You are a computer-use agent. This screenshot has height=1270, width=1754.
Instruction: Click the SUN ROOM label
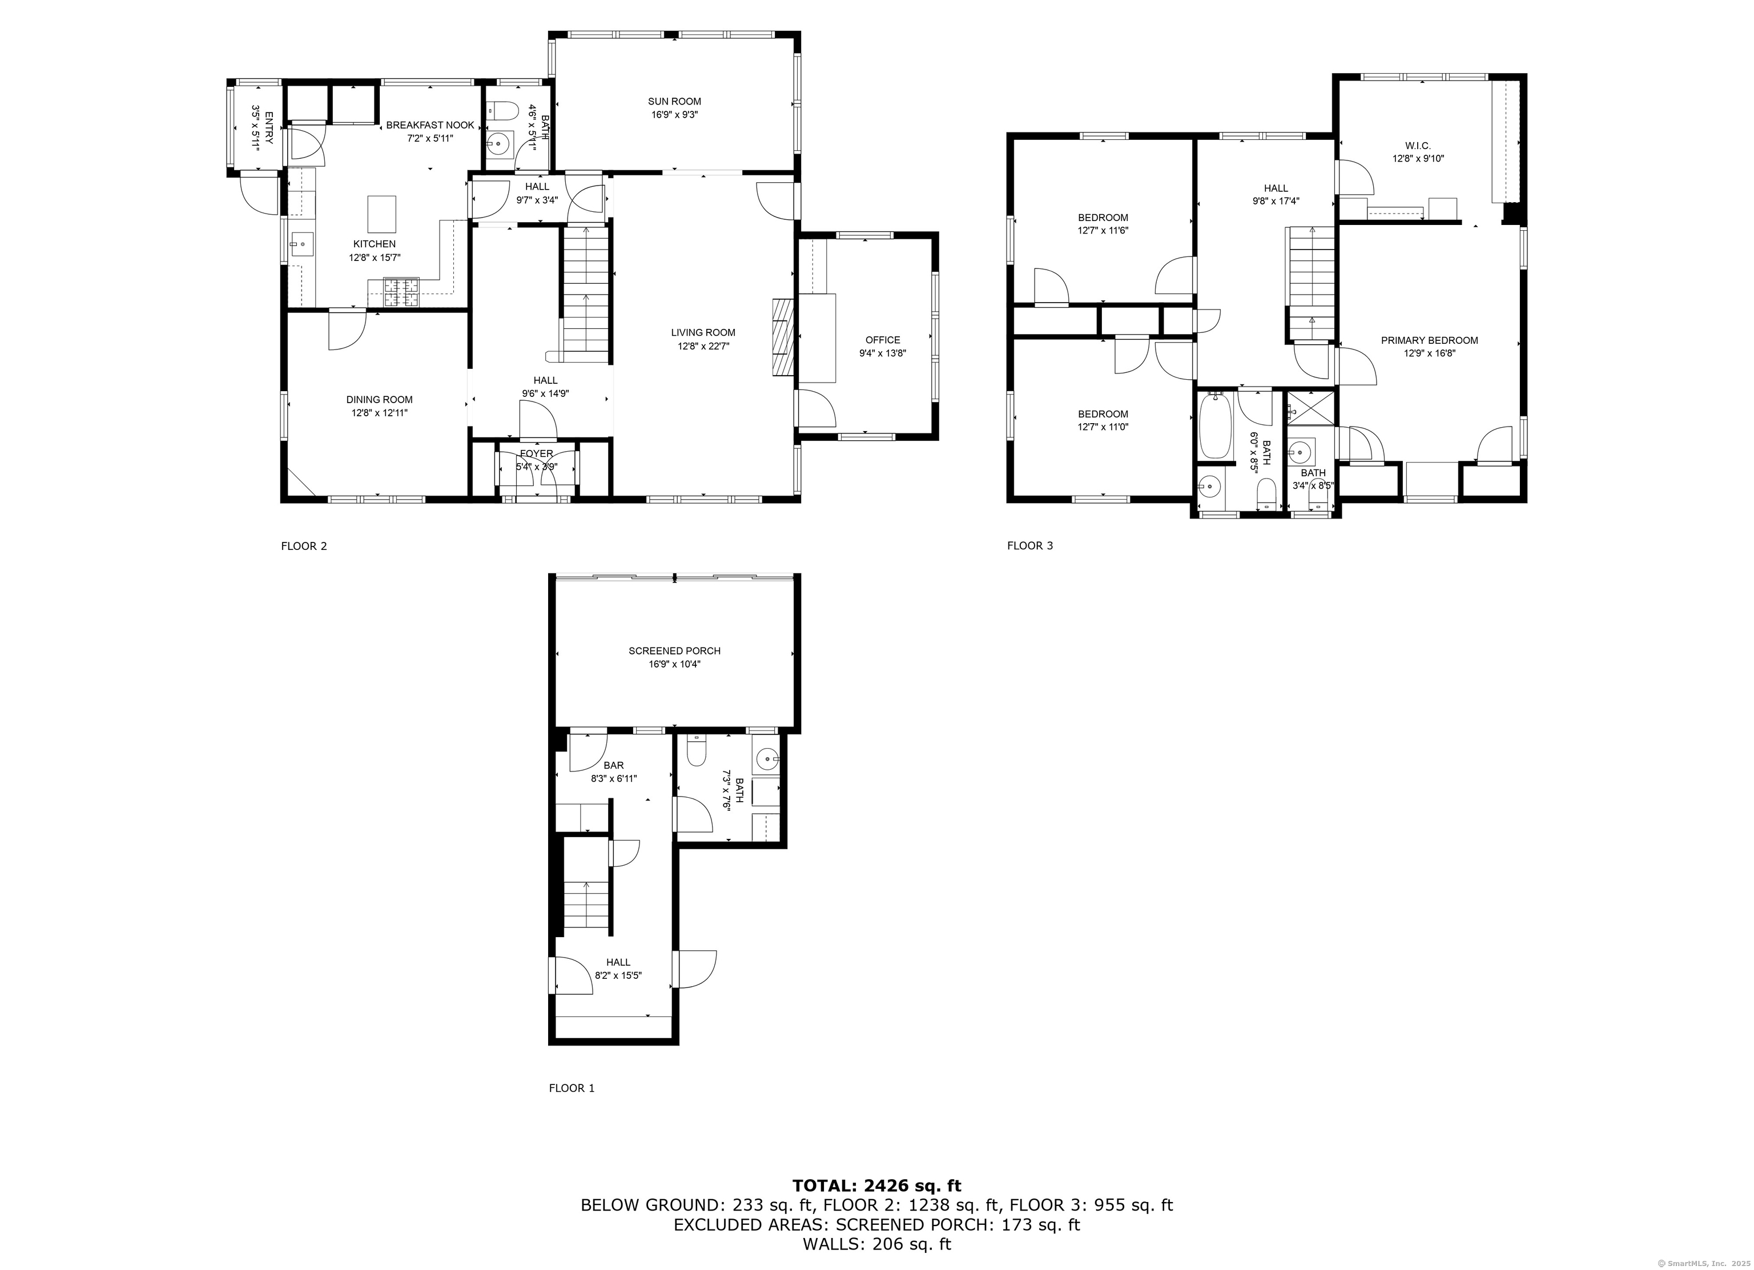[674, 101]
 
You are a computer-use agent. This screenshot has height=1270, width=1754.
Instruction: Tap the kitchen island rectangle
[381, 214]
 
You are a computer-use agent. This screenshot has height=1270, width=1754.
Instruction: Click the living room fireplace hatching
[783, 337]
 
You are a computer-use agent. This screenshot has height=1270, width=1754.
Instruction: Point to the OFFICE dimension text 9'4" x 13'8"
[882, 353]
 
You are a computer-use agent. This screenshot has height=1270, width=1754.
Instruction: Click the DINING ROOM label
[379, 400]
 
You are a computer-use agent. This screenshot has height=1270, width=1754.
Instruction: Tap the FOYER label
[536, 454]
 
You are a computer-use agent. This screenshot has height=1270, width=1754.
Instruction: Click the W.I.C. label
[1418, 146]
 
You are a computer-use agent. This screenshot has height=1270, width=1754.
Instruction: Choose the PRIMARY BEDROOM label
[1429, 340]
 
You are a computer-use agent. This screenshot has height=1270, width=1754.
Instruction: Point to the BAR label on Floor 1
[613, 766]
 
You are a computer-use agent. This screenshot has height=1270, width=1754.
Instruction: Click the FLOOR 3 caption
[1029, 546]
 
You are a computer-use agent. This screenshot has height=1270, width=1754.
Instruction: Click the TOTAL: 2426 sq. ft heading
[876, 1185]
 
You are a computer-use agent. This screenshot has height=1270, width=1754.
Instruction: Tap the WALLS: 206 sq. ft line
[876, 1244]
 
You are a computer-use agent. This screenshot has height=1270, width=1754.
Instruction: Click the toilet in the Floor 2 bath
[504, 111]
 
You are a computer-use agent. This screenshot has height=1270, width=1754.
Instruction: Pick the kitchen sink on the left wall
[301, 244]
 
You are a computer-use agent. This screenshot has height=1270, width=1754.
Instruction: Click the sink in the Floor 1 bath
[768, 758]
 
